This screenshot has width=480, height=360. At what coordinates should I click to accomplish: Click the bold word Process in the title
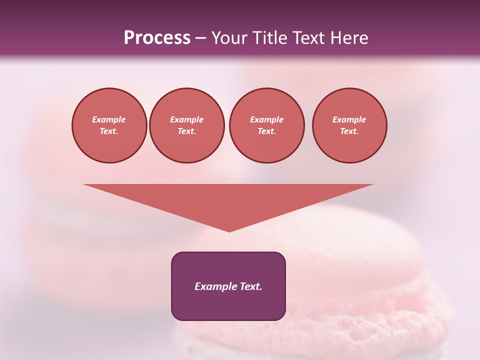[157, 38]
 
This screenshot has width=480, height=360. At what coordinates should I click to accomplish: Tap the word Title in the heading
[269, 38]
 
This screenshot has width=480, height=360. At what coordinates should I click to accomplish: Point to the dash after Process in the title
[201, 38]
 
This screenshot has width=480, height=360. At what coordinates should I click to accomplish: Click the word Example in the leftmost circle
[109, 119]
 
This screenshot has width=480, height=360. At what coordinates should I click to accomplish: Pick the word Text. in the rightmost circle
[349, 131]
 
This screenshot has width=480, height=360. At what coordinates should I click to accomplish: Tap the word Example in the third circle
[266, 119]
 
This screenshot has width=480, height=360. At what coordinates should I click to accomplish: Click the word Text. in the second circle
[187, 131]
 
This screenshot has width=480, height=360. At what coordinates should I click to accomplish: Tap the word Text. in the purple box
[251, 286]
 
